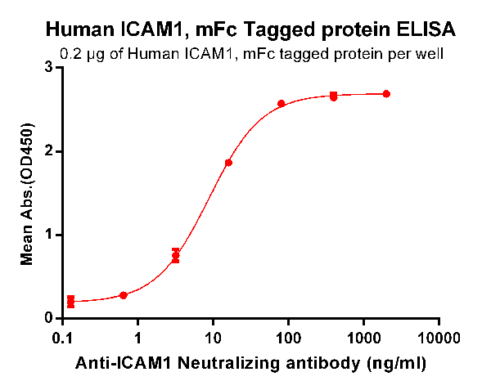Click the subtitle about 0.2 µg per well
(252, 56)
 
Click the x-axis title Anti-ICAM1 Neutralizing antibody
(251, 360)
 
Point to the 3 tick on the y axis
(50, 68)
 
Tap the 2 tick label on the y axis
(50, 151)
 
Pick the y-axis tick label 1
(50, 235)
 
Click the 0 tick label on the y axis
(50, 318)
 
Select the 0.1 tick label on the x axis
(62, 337)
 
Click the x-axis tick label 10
(213, 337)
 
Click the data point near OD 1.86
(228, 163)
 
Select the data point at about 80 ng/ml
(281, 104)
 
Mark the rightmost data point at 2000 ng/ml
(386, 94)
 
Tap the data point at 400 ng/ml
(333, 96)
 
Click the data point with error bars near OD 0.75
(175, 256)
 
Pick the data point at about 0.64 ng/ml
(123, 295)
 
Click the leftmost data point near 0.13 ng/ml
(70, 302)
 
